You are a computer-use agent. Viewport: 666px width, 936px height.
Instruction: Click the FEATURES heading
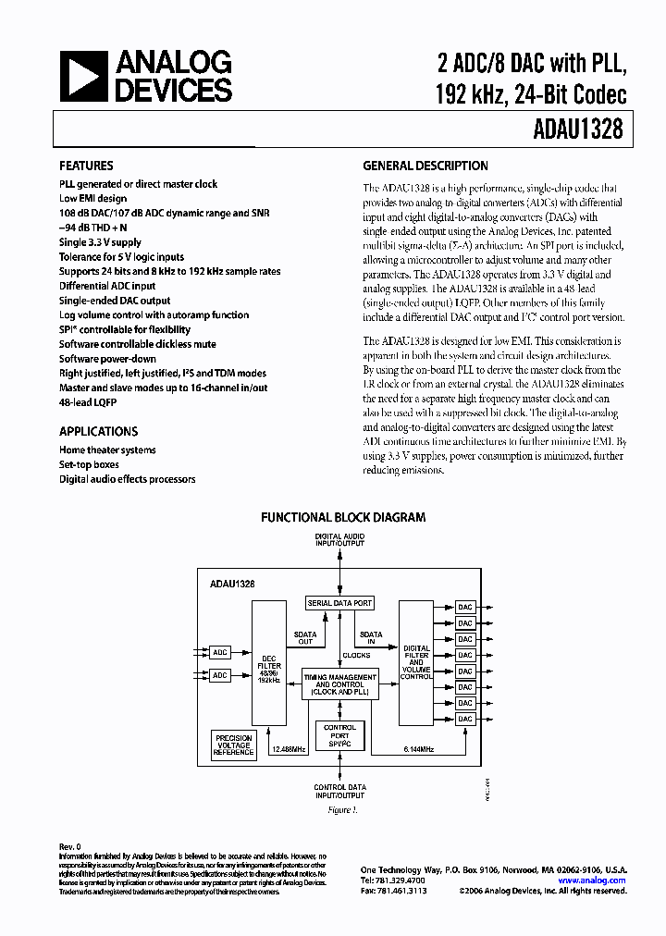pos(86,166)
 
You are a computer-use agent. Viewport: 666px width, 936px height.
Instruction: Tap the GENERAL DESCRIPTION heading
pos(425,166)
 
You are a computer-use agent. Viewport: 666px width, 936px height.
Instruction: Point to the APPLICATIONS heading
pos(98,431)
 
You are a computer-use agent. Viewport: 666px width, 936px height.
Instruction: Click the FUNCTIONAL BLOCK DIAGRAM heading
pos(342,517)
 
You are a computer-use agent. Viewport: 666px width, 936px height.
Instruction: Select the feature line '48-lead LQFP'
pos(89,403)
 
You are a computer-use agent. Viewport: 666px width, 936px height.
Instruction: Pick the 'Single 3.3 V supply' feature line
pos(102,242)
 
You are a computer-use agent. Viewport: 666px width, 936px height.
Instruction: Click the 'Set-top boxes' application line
pos(89,464)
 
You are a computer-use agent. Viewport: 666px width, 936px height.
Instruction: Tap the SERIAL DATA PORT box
pos(339,603)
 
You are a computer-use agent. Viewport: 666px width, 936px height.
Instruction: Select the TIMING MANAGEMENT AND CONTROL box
pos(340,683)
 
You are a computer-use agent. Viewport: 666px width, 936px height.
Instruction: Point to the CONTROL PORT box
pos(340,735)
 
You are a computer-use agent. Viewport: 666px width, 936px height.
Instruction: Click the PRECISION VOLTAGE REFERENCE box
pos(233,745)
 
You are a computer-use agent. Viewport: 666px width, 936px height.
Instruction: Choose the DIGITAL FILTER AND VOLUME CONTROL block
pos(416,662)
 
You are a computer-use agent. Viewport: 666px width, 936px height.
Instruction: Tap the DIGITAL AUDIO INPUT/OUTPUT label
pos(339,540)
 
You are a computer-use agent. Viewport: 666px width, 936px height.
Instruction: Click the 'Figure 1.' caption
pos(340,810)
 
